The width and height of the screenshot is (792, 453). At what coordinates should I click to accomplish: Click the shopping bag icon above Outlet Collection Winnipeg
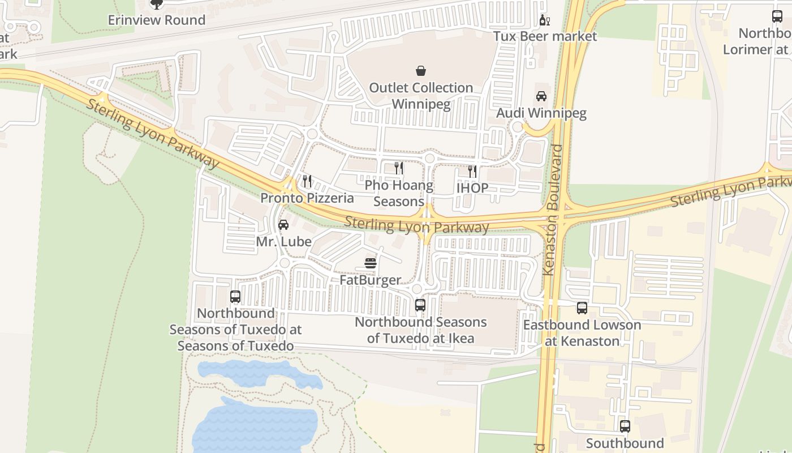[421, 71]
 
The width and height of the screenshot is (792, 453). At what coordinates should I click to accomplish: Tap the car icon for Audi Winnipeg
[541, 96]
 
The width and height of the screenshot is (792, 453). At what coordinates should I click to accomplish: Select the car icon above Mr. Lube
[283, 225]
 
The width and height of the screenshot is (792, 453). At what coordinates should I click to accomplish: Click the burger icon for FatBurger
[371, 263]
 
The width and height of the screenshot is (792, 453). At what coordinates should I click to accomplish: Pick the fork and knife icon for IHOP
[472, 171]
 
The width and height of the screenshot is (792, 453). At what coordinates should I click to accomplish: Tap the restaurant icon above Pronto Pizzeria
[307, 181]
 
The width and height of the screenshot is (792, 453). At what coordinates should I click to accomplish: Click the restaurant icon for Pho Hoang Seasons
[399, 168]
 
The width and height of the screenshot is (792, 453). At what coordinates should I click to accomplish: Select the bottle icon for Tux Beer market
[544, 20]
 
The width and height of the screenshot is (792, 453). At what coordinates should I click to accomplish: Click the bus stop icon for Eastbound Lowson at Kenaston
[582, 308]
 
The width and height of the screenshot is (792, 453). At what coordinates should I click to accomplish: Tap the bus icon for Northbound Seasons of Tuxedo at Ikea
[420, 305]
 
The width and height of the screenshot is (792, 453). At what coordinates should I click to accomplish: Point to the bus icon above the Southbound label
[625, 426]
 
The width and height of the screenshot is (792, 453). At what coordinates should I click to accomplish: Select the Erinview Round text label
[157, 20]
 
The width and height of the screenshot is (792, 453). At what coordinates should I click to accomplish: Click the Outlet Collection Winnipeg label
[421, 96]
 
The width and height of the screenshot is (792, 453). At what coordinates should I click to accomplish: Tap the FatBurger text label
[371, 280]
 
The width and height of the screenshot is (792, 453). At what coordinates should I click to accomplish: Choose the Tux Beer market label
[545, 36]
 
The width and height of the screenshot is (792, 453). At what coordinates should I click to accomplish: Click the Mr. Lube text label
[283, 242]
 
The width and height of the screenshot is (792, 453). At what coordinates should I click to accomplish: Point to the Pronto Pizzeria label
[307, 198]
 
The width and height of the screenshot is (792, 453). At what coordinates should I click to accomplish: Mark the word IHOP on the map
[472, 188]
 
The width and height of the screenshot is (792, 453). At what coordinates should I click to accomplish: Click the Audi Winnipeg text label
[541, 113]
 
